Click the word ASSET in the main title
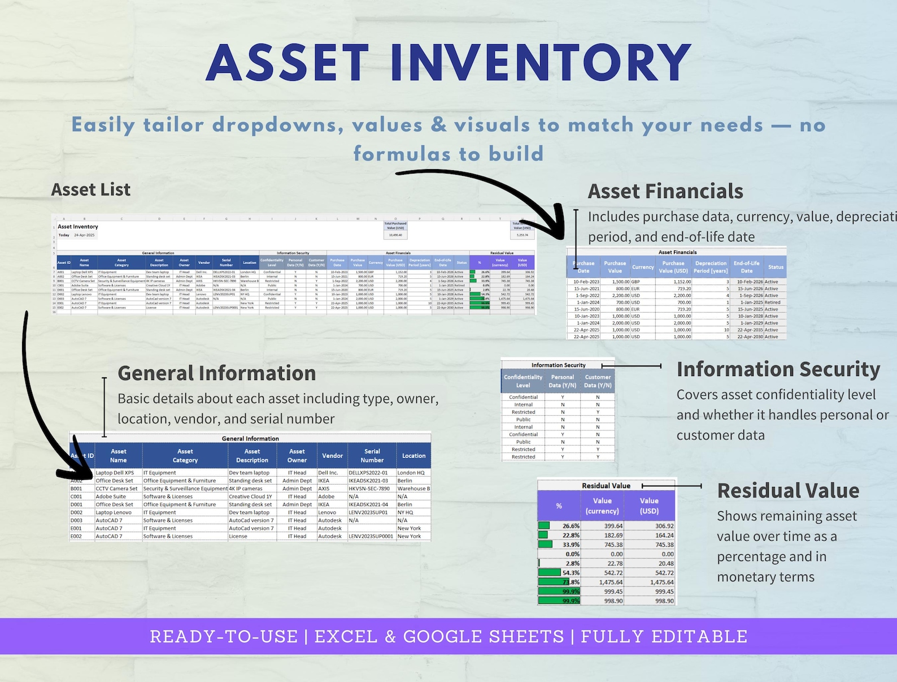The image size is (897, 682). (x=288, y=63)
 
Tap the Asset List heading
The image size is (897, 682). (x=91, y=190)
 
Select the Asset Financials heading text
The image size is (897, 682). (x=665, y=192)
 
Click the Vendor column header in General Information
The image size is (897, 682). (x=332, y=456)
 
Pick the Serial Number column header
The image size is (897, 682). (x=372, y=456)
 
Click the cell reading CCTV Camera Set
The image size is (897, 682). (x=116, y=489)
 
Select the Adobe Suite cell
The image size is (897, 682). (x=111, y=497)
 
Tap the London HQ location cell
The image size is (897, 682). (x=411, y=473)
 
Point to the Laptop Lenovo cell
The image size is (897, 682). (x=114, y=512)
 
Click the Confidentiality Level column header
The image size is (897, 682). (x=522, y=381)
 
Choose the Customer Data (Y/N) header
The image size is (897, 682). (x=598, y=381)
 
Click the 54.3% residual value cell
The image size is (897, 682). (x=571, y=573)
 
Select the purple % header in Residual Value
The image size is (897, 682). (x=559, y=506)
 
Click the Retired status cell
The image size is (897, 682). (x=772, y=303)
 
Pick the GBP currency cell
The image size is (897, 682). (x=635, y=282)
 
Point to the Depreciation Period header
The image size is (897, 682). (x=711, y=267)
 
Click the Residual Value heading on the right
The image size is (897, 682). (x=788, y=491)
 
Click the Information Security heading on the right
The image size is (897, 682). (x=778, y=370)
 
